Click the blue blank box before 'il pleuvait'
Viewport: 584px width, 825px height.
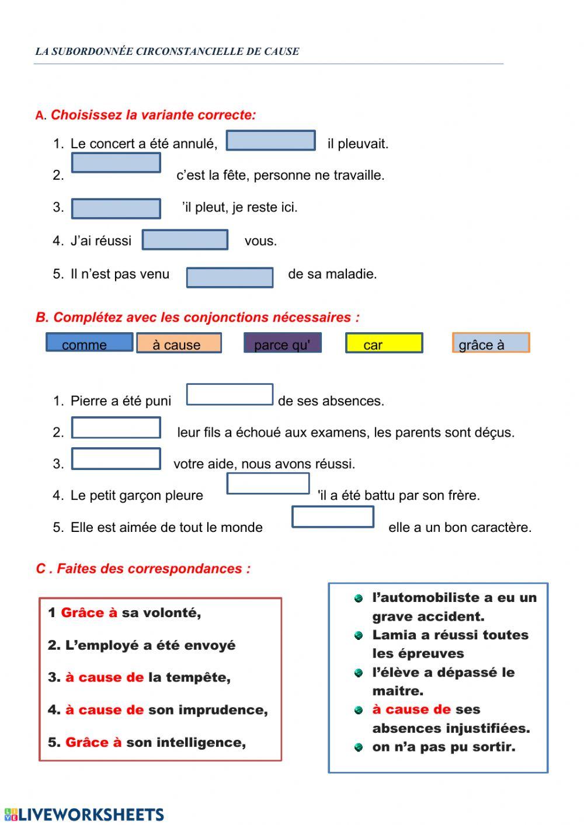tap(271, 141)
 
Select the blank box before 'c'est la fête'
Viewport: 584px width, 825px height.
tap(116, 163)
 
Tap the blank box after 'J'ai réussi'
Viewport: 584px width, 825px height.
tap(185, 240)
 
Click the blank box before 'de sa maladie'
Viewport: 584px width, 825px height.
tap(230, 277)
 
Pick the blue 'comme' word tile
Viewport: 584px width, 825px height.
tap(89, 343)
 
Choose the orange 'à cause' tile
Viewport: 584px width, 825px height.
tap(179, 343)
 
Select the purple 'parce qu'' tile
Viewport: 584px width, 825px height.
tap(283, 343)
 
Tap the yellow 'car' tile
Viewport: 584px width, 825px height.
tap(384, 343)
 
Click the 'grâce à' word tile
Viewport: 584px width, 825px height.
tap(491, 343)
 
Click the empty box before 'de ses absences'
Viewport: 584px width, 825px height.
tap(230, 395)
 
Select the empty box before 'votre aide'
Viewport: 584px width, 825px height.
tap(116, 459)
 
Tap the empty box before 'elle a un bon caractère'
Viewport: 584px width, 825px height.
tap(333, 517)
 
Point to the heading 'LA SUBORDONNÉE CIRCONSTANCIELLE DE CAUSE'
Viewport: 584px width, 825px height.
tap(167, 51)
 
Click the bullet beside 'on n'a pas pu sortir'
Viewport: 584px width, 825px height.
tap(359, 747)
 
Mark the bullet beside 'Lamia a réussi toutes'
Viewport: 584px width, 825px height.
tap(359, 635)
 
